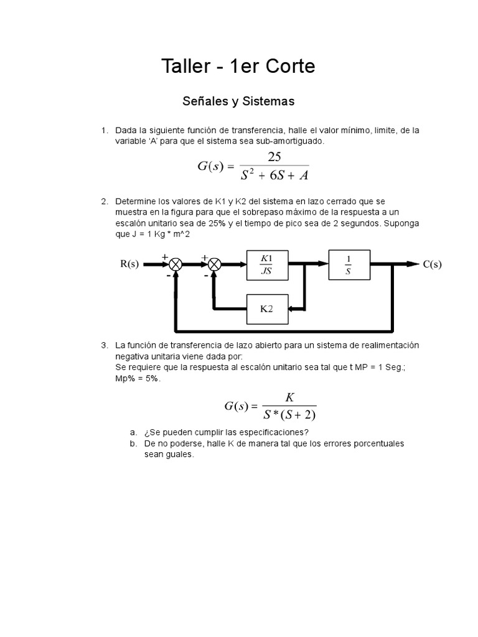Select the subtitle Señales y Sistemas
(238, 100)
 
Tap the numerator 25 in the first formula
(274, 157)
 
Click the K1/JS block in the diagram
(267, 264)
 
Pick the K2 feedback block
(267, 309)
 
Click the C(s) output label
(432, 264)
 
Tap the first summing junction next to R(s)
(176, 264)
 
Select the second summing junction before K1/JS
(214, 264)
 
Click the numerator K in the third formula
(289, 397)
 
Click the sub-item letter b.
(133, 444)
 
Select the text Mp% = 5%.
(138, 379)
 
